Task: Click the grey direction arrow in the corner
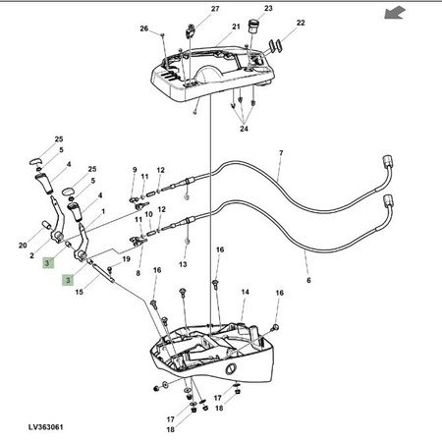(395, 13)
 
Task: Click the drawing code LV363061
(45, 427)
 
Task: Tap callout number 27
(215, 9)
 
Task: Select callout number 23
(268, 8)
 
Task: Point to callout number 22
(301, 23)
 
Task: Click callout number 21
(236, 27)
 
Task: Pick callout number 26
(144, 28)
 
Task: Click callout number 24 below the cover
(244, 129)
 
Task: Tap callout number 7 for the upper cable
(281, 153)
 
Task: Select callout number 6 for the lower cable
(308, 280)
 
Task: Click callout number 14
(245, 292)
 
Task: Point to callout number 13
(183, 264)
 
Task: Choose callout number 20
(23, 246)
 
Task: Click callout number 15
(80, 292)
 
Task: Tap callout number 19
(126, 259)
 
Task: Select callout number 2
(31, 255)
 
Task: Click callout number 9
(135, 170)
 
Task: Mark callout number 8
(138, 273)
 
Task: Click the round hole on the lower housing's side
(231, 369)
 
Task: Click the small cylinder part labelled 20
(46, 225)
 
